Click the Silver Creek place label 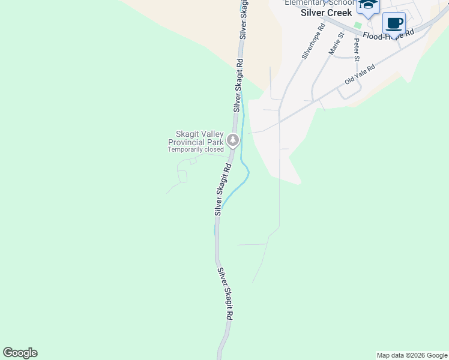pos(326,12)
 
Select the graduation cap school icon pos(368,5)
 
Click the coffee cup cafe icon pos(394,23)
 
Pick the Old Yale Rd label pos(360,74)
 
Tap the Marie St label pos(336,44)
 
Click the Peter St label pos(357,50)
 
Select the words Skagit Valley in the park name pos(199,134)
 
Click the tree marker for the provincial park pos(233,141)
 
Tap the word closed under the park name pos(214,149)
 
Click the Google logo pos(20,353)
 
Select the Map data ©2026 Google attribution pos(412,355)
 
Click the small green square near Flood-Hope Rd pos(358,25)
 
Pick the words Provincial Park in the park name pos(195,142)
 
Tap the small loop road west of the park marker pos(182,176)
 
